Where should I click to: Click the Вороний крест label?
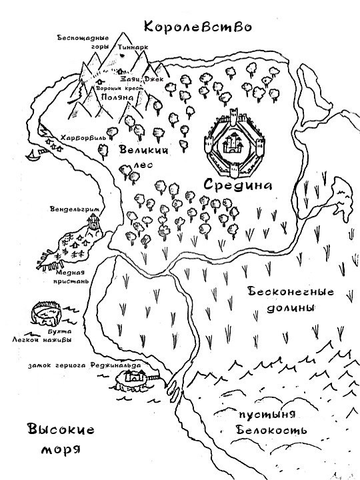pos(118,89)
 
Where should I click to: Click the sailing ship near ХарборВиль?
pos(31,157)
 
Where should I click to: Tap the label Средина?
pos(239,185)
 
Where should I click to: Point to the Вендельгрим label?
pos(74,210)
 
